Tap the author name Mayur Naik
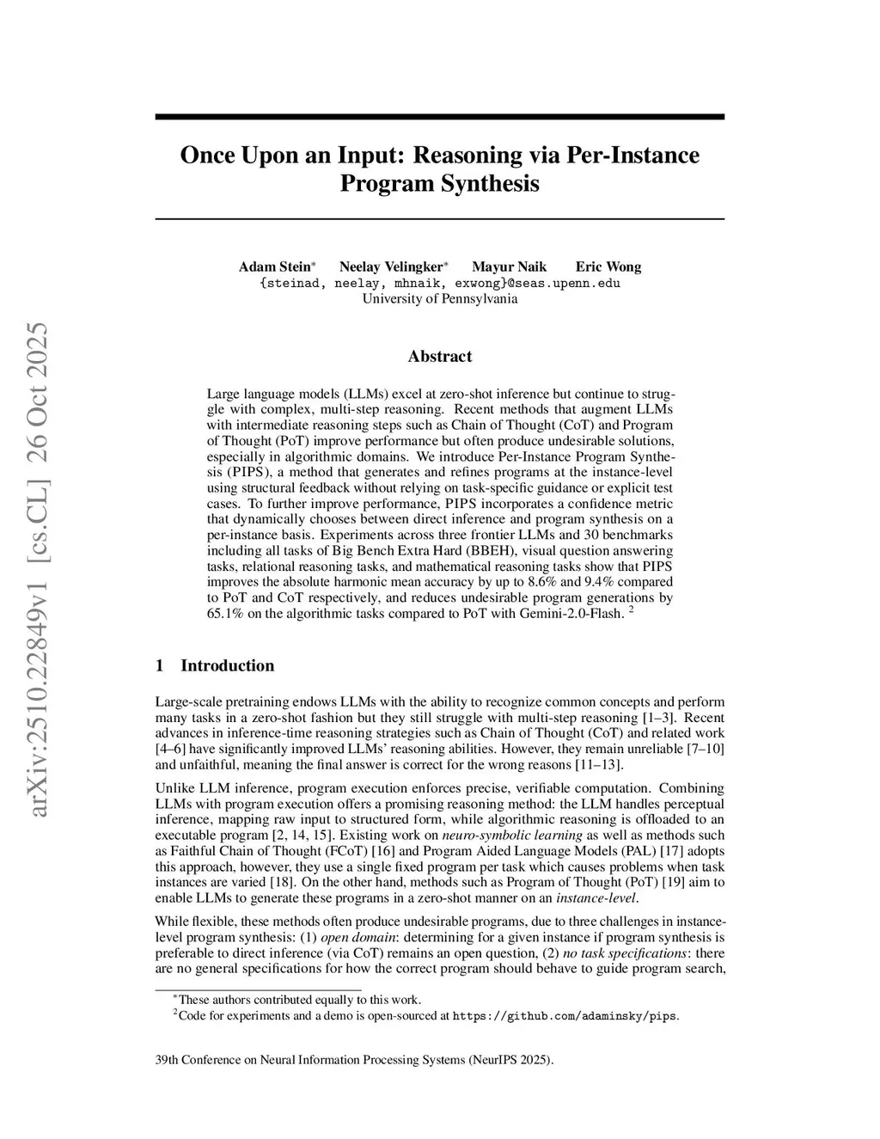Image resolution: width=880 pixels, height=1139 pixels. (x=509, y=266)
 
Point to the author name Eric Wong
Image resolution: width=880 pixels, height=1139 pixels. (x=608, y=266)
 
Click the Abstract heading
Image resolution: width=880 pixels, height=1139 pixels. (x=439, y=356)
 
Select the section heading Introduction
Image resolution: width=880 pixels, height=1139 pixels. (x=227, y=665)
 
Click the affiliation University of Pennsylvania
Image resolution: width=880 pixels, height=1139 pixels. (x=439, y=299)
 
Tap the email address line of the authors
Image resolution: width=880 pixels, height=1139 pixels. (x=439, y=283)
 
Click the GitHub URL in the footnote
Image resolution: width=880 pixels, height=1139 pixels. (x=565, y=1016)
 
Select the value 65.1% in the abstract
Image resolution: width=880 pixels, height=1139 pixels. (x=224, y=613)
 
